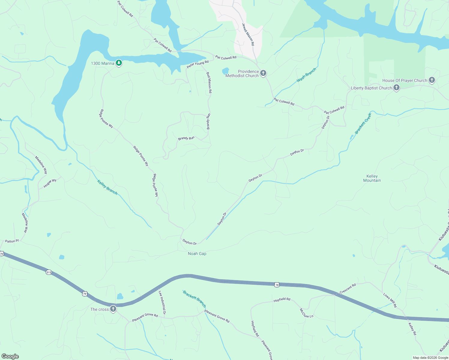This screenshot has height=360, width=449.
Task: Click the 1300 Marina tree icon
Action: tap(119, 63)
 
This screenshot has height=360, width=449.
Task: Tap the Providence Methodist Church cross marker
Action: tap(263, 73)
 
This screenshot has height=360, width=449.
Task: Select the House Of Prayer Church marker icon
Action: tap(432, 80)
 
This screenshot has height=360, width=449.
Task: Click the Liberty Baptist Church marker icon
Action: tap(396, 88)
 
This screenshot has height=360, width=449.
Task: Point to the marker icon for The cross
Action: tap(113, 309)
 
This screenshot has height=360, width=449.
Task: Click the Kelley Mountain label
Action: tap(372, 178)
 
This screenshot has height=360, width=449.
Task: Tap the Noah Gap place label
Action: tap(197, 253)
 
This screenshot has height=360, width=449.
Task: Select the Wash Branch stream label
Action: tap(306, 75)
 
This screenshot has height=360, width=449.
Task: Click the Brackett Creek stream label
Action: tap(363, 123)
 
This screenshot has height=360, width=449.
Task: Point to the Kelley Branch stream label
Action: tap(107, 187)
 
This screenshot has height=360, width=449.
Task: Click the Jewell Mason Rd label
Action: tap(248, 34)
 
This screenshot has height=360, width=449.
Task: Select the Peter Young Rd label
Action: tap(197, 64)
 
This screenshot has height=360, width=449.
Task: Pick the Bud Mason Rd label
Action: tap(209, 82)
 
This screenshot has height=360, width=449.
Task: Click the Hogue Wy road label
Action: tap(50, 183)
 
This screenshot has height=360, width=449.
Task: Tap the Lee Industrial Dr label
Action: tap(162, 302)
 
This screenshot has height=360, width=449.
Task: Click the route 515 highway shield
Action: tap(49, 272)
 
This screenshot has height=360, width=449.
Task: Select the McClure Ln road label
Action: tap(306, 313)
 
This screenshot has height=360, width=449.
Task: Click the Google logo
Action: tap(10, 356)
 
